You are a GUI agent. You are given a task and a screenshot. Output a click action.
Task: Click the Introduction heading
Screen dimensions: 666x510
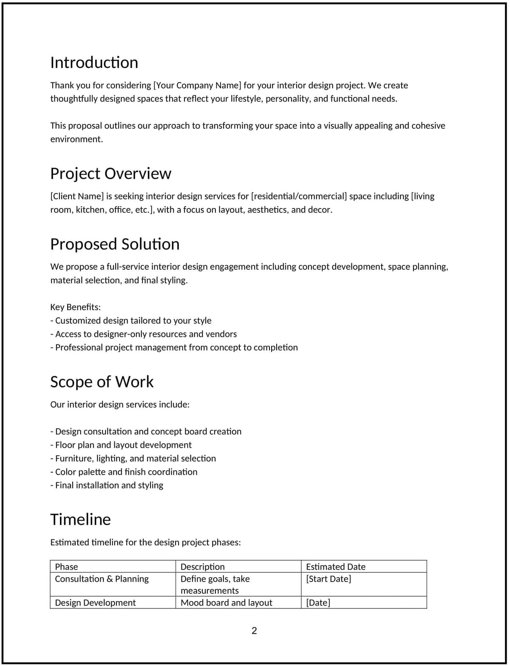coord(94,63)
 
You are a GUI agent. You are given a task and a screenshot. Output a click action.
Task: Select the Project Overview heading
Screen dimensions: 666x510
coord(110,174)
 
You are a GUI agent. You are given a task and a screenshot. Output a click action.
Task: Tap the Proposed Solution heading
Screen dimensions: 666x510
coord(115,244)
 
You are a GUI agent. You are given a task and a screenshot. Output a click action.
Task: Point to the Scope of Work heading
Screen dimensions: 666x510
coord(102,382)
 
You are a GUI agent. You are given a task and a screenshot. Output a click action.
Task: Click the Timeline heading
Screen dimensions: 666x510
coord(80,519)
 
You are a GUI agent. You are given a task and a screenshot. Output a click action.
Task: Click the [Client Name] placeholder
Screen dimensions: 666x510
coord(77,196)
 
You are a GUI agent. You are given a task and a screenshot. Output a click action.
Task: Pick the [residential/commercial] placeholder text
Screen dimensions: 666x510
coord(299,196)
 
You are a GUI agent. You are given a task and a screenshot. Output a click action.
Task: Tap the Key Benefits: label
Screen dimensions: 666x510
coord(76,307)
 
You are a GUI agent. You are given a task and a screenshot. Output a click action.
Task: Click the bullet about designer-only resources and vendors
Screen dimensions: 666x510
coord(144,334)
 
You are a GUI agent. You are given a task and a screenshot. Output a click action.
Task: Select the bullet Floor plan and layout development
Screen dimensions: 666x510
coord(121,445)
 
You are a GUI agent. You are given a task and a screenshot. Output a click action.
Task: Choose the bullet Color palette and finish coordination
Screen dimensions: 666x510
coord(124,472)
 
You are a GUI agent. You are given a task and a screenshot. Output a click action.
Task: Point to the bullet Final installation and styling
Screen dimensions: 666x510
coord(107,485)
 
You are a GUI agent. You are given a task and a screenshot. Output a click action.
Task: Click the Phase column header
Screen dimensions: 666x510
coord(67,567)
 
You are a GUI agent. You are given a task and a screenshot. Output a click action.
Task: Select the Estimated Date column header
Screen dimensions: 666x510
coord(336,567)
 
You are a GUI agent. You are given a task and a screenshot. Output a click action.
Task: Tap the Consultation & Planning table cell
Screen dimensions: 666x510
coord(102,579)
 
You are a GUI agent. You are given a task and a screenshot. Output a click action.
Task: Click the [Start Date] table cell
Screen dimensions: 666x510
coord(329,579)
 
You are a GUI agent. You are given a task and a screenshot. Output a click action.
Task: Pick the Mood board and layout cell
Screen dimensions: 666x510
coord(227,603)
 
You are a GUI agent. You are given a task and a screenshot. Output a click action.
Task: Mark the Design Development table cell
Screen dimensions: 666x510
coord(96,603)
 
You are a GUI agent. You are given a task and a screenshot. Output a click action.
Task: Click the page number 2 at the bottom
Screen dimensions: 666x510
coord(254,631)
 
